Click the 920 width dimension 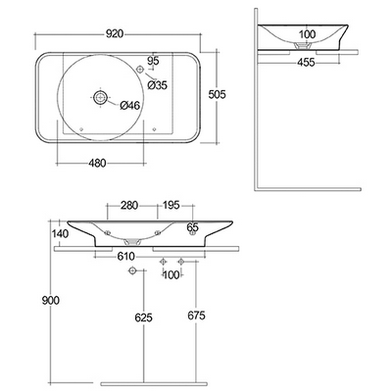[115, 33]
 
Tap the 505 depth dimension [218, 94]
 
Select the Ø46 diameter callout [129, 105]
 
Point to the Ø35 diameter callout [157, 85]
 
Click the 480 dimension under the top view [97, 163]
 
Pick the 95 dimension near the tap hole [153, 61]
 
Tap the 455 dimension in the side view [306, 62]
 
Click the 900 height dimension [51, 300]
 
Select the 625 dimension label [144, 318]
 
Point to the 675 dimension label [196, 316]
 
